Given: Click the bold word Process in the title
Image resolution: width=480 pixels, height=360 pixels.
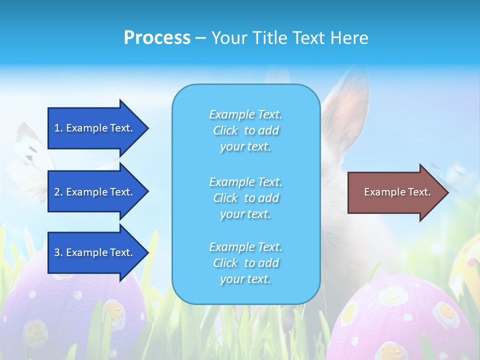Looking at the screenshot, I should click(157, 38).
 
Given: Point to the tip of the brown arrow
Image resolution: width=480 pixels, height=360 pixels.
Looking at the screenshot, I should click(447, 192).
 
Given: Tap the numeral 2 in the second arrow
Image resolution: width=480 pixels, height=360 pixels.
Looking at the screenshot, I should click(57, 192).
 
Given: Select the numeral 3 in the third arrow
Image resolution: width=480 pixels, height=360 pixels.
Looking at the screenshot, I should click(57, 252).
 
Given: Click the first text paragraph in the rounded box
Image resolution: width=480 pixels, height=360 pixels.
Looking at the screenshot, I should click(245, 130).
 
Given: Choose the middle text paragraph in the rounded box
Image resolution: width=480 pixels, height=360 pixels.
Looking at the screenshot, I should click(245, 198).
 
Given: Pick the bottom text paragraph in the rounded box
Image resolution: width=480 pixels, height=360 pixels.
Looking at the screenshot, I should click(245, 263).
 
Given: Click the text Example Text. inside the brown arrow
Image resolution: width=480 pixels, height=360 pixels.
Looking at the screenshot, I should click(397, 192).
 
